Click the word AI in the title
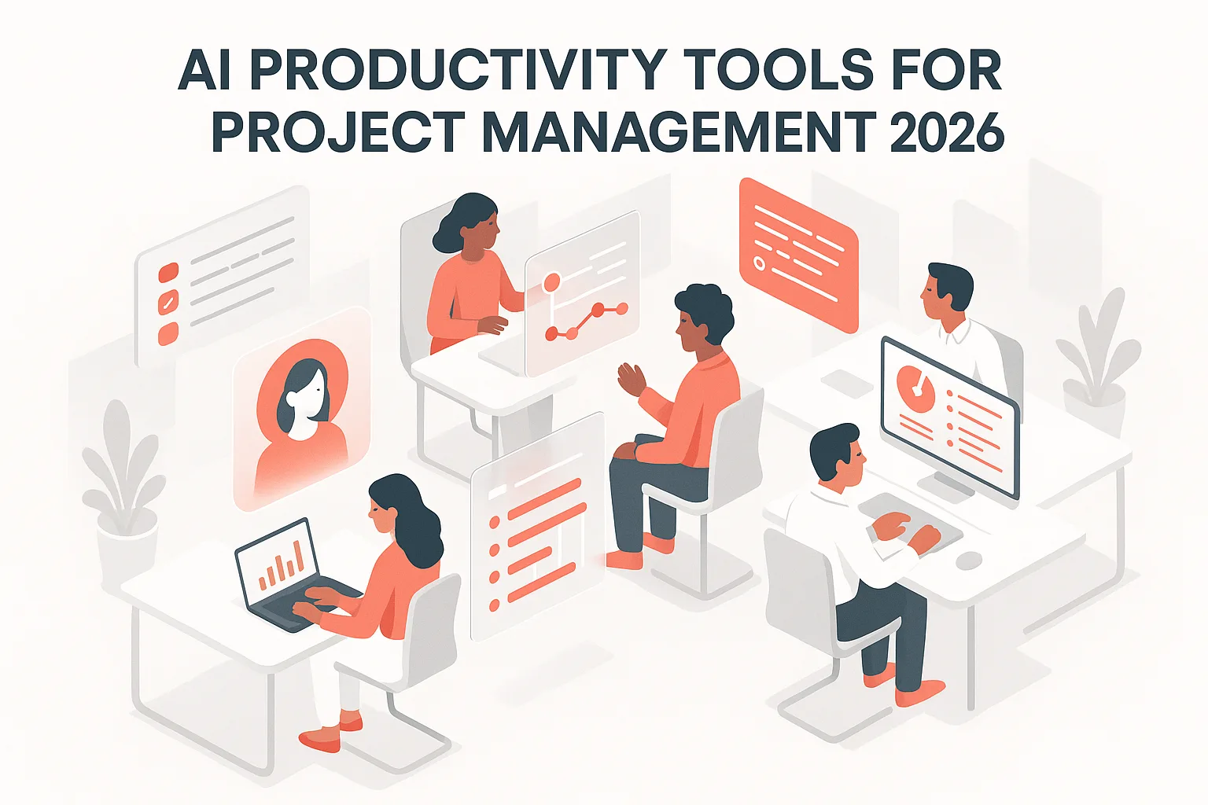click(205, 71)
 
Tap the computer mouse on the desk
click(969, 561)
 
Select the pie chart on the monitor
click(913, 385)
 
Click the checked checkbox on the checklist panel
click(168, 303)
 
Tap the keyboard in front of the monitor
click(912, 523)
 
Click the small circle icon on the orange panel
click(760, 263)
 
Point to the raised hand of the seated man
click(630, 378)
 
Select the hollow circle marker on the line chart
click(551, 281)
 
